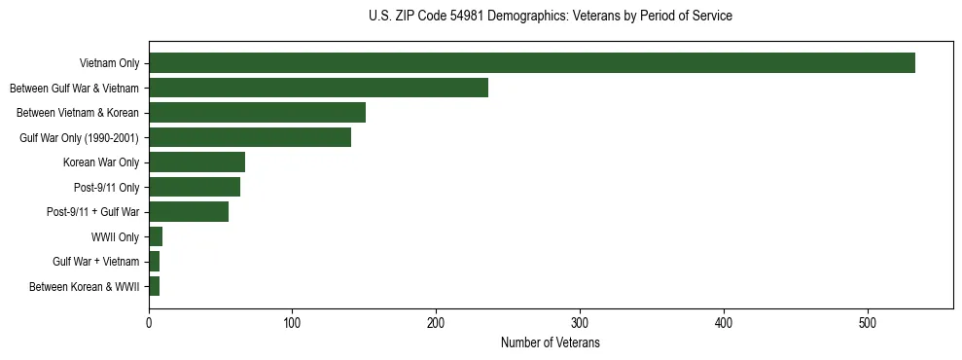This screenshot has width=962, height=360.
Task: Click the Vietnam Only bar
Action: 531,63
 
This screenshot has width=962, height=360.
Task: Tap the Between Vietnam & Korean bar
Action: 257,113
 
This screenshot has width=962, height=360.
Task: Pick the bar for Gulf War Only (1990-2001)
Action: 250,137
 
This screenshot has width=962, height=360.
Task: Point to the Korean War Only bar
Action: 196,162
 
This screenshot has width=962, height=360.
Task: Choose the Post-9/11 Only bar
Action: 195,187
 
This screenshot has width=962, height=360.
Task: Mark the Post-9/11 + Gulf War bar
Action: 189,212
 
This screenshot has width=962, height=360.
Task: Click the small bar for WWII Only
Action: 156,236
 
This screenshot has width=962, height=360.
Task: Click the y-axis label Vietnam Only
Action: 109,63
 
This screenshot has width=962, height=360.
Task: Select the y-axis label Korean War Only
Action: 101,162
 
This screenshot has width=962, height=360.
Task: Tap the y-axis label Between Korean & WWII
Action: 85,287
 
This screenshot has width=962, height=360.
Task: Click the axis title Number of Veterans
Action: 551,343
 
